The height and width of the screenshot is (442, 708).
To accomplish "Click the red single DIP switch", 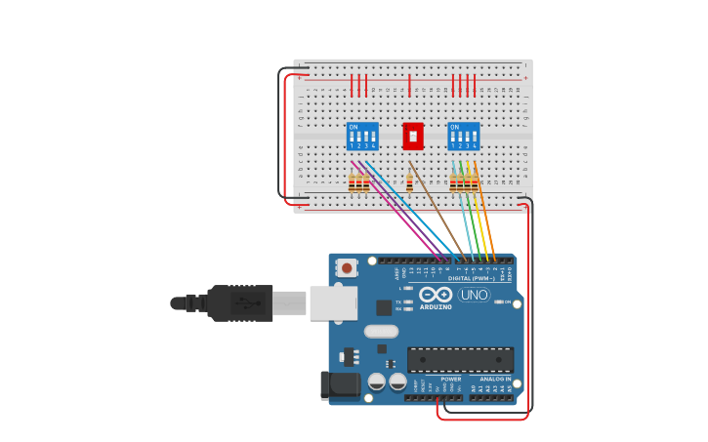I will coord(413,136).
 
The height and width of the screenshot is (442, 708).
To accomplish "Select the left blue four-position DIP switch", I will coord(362,136).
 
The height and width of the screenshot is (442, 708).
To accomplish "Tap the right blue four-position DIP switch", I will coord(464,136).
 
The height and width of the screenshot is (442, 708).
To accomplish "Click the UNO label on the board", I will coord(475,295).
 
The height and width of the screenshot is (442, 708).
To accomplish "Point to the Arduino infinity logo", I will coord(436,295).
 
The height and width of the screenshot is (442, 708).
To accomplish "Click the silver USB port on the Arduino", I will coord(333,303).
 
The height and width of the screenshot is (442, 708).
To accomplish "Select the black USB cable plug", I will coord(240,303).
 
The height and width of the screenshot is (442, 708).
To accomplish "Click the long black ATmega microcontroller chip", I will coord(460,359).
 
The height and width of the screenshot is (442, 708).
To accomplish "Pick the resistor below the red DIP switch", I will coord(409,182).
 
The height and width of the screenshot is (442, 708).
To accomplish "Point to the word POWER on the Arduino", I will coord(451,379).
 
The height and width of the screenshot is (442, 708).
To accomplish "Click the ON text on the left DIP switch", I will coord(354,127).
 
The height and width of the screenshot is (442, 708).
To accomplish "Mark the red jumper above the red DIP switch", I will coord(409,85).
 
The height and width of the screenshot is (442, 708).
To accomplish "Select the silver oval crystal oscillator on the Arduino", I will coord(381,331).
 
